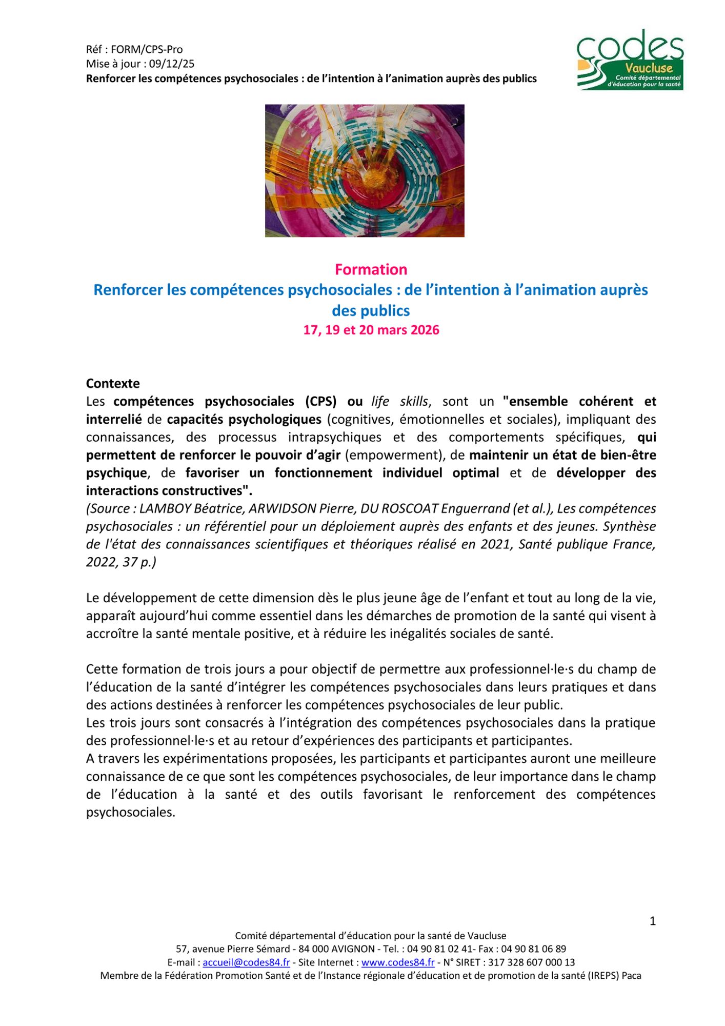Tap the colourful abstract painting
(x=365, y=171)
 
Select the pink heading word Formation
(x=371, y=269)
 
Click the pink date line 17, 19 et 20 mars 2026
(x=371, y=330)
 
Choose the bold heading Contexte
(x=113, y=384)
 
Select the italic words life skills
(x=399, y=401)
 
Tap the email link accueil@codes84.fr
(x=246, y=963)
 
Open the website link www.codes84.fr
(x=398, y=963)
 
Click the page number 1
(x=653, y=921)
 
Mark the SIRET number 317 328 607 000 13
(x=531, y=963)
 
